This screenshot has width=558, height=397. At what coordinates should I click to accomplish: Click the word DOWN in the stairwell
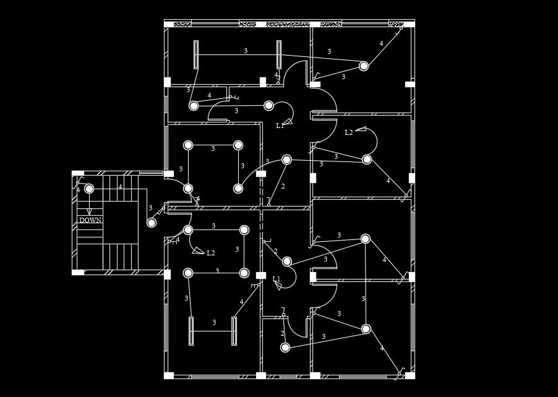[90, 220]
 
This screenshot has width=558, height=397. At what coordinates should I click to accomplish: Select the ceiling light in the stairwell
[89, 189]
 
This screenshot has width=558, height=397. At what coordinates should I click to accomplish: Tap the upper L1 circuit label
[280, 126]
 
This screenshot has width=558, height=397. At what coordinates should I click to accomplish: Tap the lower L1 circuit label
[277, 279]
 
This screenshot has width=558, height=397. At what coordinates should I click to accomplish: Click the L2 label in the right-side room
[349, 132]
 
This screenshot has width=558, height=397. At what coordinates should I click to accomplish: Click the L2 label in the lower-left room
[211, 253]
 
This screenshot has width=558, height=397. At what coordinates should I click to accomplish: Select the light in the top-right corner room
[364, 66]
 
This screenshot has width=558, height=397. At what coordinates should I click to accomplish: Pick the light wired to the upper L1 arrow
[268, 106]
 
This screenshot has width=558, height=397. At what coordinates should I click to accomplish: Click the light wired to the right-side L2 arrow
[367, 160]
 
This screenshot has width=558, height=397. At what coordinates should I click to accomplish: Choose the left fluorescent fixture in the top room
[196, 54]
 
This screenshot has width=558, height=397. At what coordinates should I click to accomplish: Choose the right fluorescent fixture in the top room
[279, 54]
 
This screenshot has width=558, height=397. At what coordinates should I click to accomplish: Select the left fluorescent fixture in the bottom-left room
[191, 331]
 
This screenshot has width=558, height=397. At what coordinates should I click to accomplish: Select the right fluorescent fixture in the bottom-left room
[234, 331]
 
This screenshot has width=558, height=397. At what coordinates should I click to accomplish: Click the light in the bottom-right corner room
[366, 329]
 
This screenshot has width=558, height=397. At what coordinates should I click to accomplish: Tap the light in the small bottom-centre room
[285, 348]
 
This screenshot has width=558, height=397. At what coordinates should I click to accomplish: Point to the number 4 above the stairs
[120, 187]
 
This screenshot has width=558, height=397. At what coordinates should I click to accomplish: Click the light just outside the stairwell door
[152, 223]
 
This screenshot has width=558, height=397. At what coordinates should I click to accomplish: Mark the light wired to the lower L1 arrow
[287, 262]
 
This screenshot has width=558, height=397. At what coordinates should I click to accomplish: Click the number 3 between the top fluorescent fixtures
[246, 51]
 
